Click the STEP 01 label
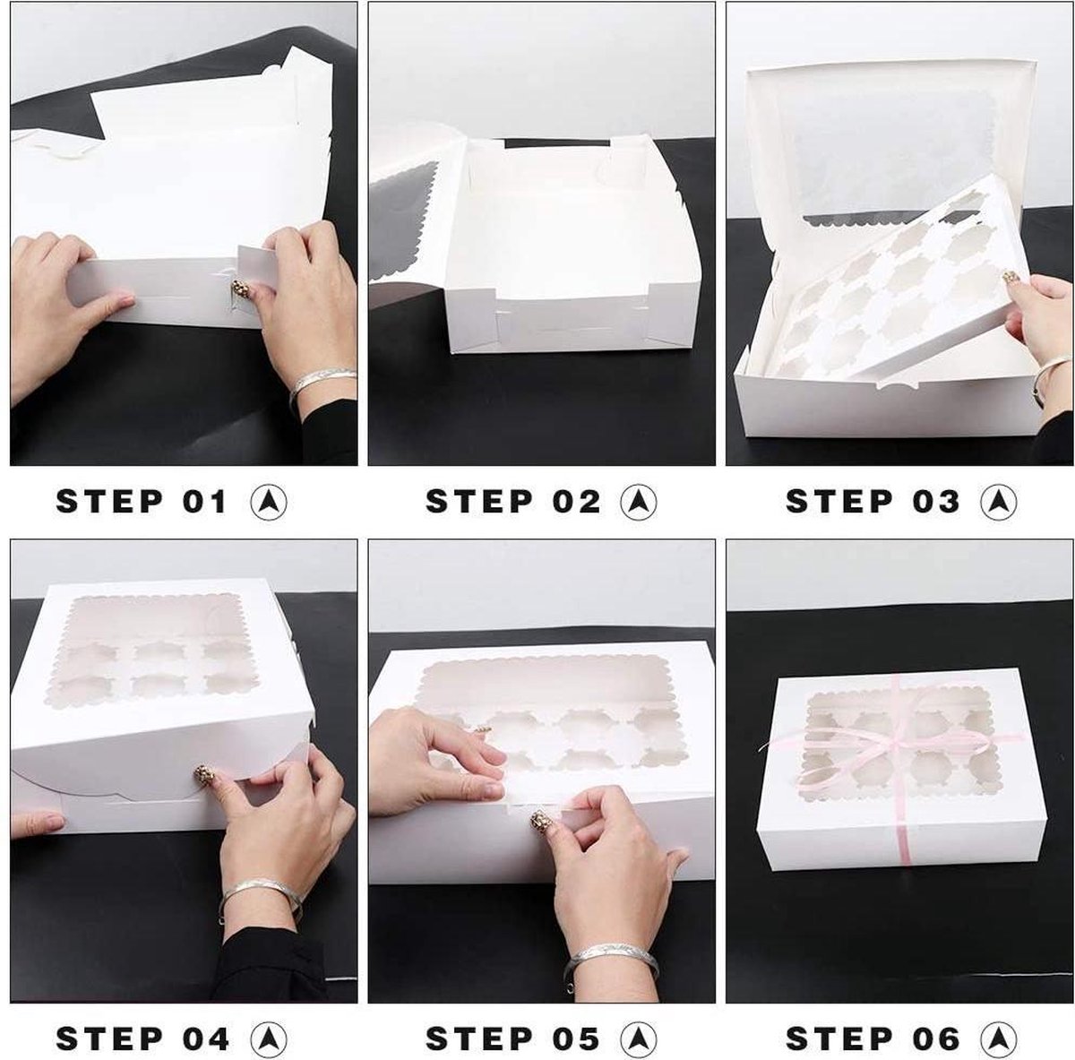142,501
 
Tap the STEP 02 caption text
512,501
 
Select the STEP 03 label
873,501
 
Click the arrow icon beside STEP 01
269,502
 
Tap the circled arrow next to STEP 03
999,502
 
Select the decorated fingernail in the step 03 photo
1010,276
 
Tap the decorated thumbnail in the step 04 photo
202,775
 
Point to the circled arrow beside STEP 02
639,502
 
